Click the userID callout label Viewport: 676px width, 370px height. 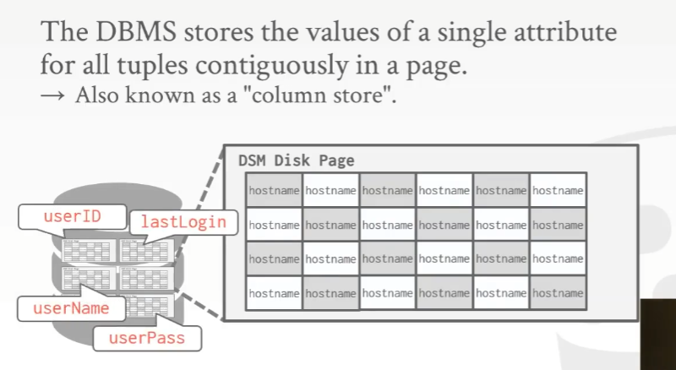(x=72, y=216)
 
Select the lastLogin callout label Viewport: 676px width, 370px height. (x=183, y=222)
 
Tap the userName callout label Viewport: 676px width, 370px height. (x=71, y=308)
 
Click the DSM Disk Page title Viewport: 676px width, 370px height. (x=295, y=161)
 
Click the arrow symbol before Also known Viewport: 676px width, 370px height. (x=52, y=95)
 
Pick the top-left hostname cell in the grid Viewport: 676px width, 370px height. (x=274, y=191)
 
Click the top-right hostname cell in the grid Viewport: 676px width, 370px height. (x=558, y=191)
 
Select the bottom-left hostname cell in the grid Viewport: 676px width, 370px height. (x=274, y=293)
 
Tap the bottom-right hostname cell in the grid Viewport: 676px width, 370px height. (x=558, y=293)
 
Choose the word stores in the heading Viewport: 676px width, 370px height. (x=216, y=34)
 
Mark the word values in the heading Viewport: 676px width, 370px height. (x=336, y=34)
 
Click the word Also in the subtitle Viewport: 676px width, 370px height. (x=96, y=94)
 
